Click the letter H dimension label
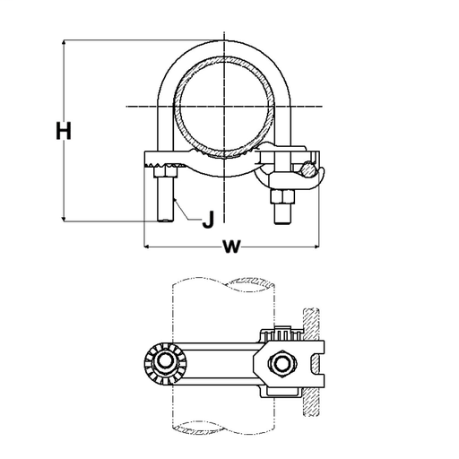click(x=62, y=132)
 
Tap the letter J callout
click(x=207, y=218)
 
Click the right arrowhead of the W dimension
click(x=321, y=244)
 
